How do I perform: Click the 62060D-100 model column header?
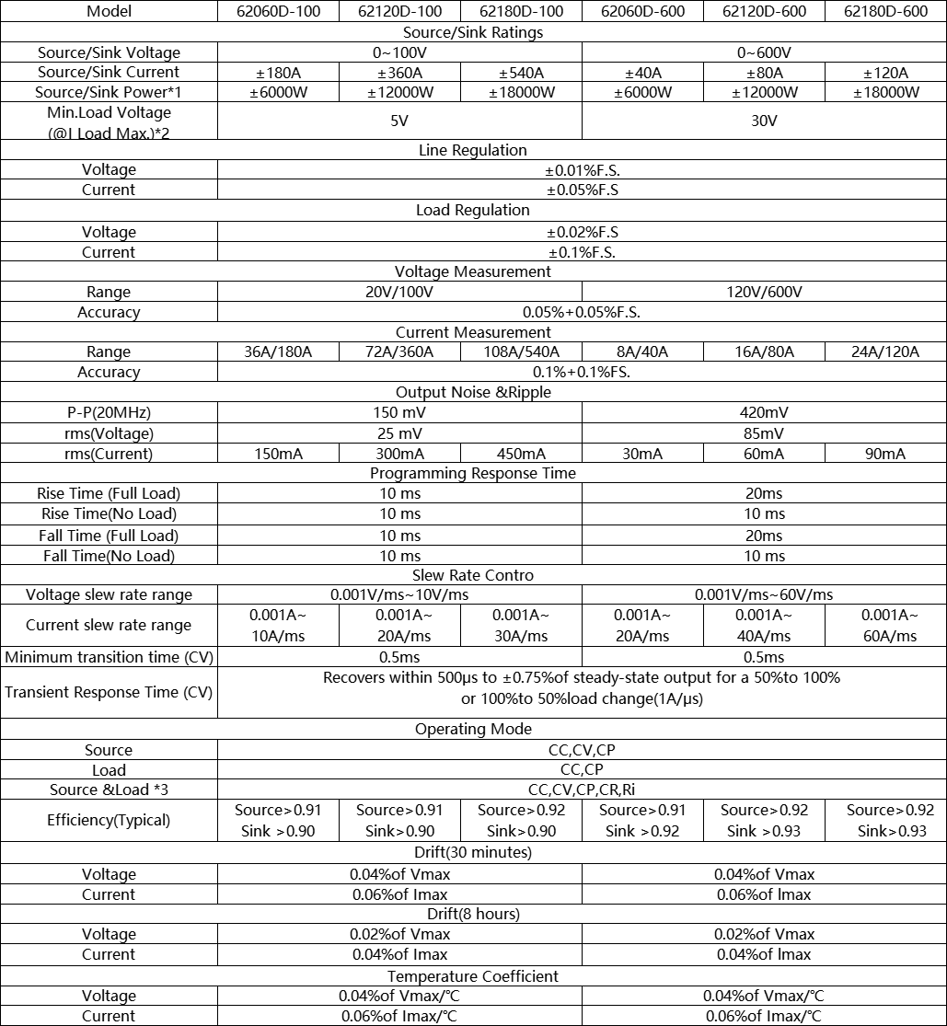(x=277, y=12)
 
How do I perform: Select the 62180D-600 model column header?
(x=885, y=12)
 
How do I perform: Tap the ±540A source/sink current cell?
(x=521, y=73)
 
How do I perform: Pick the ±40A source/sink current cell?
(x=641, y=73)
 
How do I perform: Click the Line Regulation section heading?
(x=473, y=150)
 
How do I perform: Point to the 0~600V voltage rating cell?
(x=764, y=52)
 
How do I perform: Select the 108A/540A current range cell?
(x=521, y=352)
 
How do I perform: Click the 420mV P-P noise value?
(x=764, y=412)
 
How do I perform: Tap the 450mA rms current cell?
(x=521, y=454)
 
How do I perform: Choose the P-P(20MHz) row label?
(x=109, y=412)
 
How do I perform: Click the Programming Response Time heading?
(x=473, y=473)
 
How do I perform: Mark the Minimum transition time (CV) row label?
(x=109, y=657)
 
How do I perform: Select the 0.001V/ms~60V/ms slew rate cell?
(x=764, y=594)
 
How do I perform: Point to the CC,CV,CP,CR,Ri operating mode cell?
(x=582, y=790)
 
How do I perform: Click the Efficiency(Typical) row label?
(x=109, y=820)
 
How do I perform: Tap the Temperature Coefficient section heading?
(x=473, y=976)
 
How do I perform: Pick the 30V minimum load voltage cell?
(x=764, y=121)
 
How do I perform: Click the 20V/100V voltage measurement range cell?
(x=399, y=292)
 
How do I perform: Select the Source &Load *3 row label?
(x=109, y=790)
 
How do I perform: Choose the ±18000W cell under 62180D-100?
(x=521, y=92)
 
